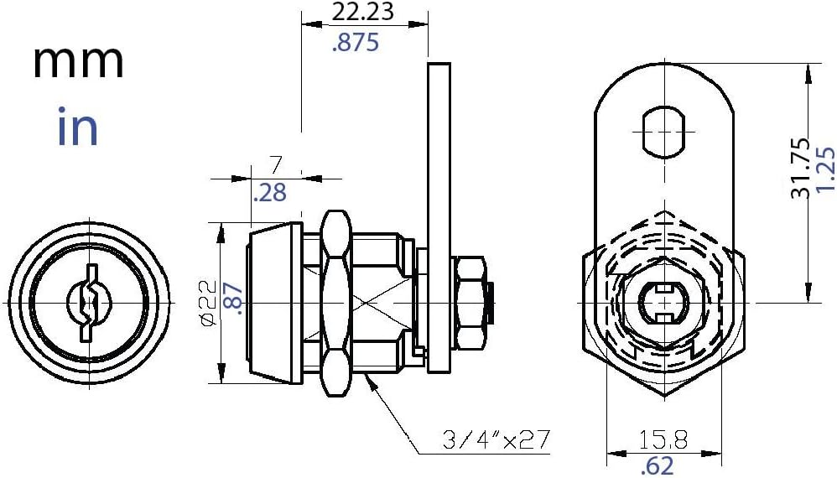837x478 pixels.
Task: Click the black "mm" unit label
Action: (78, 63)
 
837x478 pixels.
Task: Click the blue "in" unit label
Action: (77, 128)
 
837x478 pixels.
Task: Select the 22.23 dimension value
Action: (364, 13)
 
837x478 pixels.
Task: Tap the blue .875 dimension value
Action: (356, 43)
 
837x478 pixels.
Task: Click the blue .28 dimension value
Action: (269, 194)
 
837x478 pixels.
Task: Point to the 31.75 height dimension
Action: (800, 168)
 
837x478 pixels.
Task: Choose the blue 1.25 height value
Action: (825, 168)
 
